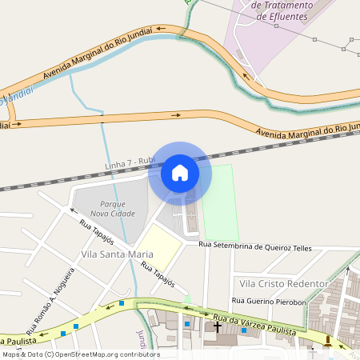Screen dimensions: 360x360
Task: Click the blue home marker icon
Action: pyautogui.click(x=180, y=173)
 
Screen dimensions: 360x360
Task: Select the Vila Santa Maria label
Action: pyautogui.click(x=117, y=254)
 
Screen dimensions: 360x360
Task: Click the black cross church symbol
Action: pyautogui.click(x=217, y=327)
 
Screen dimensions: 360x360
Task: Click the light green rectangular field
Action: pyautogui.click(x=221, y=203)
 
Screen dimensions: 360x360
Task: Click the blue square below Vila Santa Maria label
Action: pyautogui.click(x=122, y=303)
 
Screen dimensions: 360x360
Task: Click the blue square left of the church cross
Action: pyautogui.click(x=187, y=324)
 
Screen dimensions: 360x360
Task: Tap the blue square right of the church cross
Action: pyautogui.click(x=244, y=330)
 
